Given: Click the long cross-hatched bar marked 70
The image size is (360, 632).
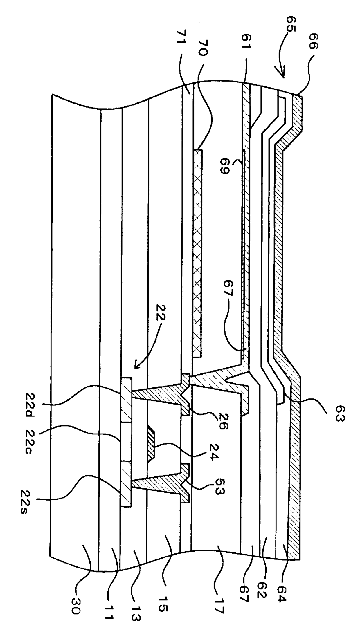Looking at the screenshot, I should pyautogui.click(x=198, y=252).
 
